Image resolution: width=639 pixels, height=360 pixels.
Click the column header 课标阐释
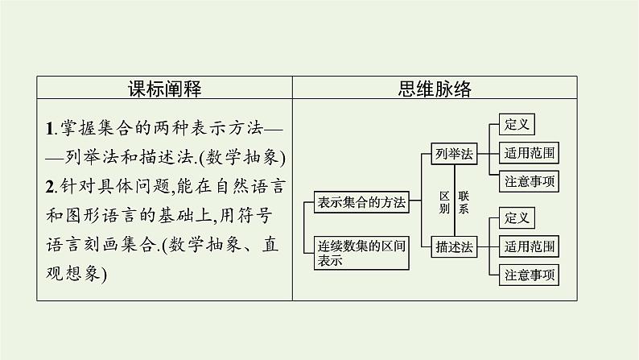pyautogui.click(x=165, y=88)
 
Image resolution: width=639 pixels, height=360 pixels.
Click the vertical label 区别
pyautogui.click(x=443, y=202)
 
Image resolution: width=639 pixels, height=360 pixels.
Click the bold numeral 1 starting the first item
pyautogui.click(x=50, y=127)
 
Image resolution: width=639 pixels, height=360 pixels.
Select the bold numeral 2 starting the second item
pyautogui.click(x=50, y=186)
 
